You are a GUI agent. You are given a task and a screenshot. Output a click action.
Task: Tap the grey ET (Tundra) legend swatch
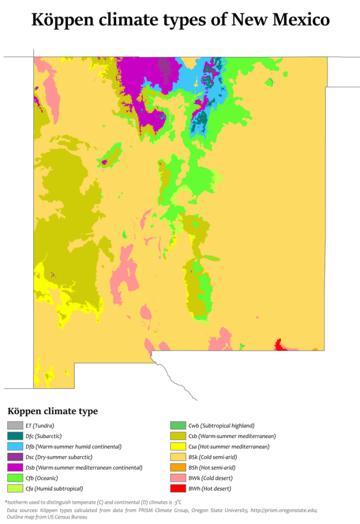(15, 426)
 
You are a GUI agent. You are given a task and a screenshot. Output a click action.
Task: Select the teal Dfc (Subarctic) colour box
(15, 436)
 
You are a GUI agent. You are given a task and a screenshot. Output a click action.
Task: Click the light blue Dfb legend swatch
(15, 447)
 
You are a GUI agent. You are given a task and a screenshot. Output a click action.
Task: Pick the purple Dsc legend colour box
(15, 457)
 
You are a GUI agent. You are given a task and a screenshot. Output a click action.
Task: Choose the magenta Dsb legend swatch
(15, 468)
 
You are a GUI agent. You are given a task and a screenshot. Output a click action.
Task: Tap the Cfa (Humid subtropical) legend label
(54, 489)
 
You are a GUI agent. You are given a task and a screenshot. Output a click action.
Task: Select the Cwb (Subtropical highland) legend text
(221, 426)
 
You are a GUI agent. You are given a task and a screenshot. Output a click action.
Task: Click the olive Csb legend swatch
(177, 436)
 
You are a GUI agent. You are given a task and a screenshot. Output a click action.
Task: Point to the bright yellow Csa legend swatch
(177, 447)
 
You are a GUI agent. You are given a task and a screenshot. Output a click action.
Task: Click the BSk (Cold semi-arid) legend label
(213, 457)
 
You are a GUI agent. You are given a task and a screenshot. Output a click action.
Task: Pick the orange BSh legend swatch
(177, 468)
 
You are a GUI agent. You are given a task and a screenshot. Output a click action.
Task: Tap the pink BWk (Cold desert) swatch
(177, 478)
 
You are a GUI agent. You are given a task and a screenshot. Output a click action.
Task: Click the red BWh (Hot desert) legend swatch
(177, 489)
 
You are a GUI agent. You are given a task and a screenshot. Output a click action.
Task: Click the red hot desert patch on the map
(279, 345)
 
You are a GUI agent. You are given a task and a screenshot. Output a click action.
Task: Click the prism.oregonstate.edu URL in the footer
(283, 510)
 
